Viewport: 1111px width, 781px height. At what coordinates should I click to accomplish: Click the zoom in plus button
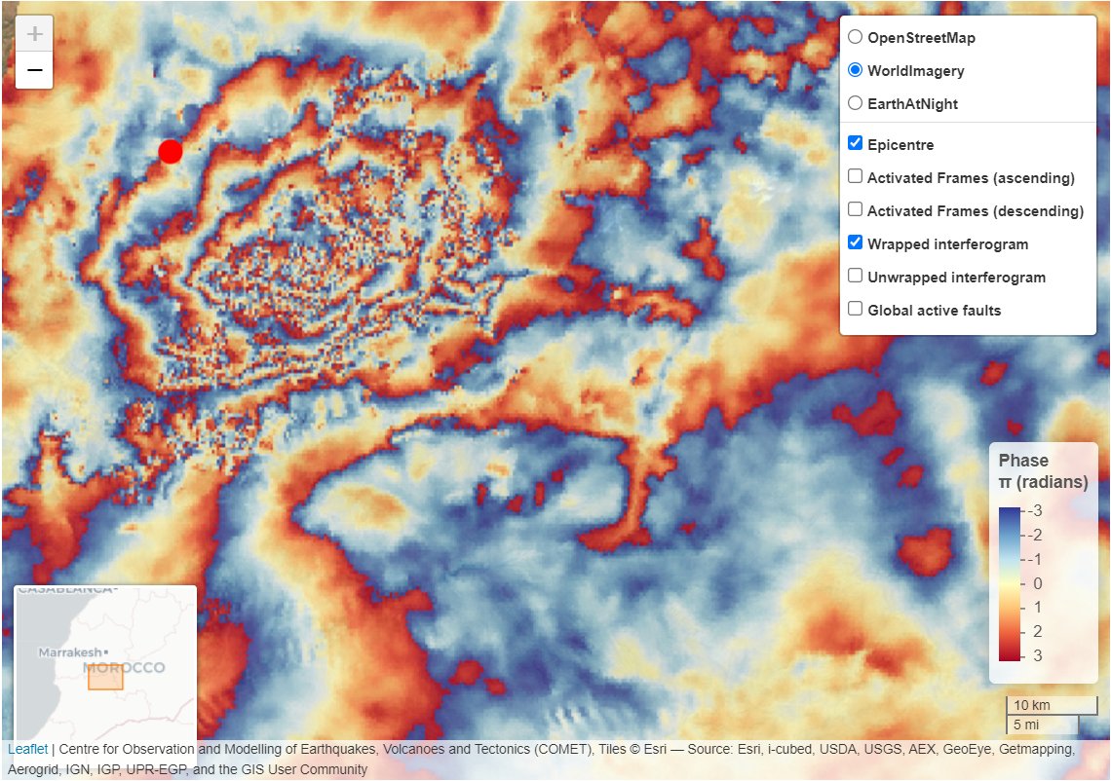tap(34, 34)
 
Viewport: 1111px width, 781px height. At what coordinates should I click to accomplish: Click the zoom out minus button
tap(34, 70)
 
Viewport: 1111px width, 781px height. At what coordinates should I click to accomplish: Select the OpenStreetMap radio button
tap(855, 38)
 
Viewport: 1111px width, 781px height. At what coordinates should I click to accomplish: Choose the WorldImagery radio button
tap(855, 70)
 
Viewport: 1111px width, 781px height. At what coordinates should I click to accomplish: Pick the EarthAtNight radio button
tap(855, 103)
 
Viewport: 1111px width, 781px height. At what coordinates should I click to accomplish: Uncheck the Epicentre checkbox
tap(855, 144)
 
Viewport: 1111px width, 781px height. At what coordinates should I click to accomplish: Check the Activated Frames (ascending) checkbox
tap(855, 177)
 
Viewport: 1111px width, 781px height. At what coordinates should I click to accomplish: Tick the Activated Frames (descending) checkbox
tap(855, 210)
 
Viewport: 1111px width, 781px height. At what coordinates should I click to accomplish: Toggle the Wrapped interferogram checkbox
tap(855, 243)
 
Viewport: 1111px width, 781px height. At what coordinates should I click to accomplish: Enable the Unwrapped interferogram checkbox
tap(855, 277)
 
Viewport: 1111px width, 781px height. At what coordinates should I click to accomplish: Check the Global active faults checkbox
tap(855, 310)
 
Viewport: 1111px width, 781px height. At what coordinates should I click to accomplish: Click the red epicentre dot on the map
tap(171, 151)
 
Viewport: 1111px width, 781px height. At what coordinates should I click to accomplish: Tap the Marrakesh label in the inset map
tap(70, 651)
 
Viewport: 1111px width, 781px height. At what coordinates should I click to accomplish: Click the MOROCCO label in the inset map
tap(125, 668)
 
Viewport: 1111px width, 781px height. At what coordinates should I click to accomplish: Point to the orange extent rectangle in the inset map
tap(105, 679)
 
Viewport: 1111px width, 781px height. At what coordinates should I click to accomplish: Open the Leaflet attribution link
tap(27, 749)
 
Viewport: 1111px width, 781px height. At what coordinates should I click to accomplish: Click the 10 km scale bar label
tap(1032, 705)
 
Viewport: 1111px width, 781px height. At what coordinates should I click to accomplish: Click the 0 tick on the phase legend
tap(1037, 583)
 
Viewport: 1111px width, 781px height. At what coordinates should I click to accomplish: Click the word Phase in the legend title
tap(1023, 461)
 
